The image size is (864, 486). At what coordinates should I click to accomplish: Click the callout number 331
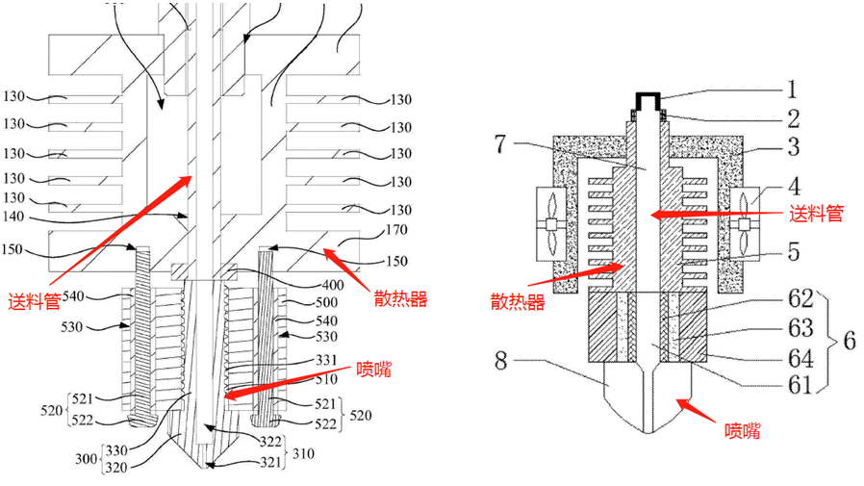tap(326, 360)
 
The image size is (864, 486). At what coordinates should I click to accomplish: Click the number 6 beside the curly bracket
tap(849, 341)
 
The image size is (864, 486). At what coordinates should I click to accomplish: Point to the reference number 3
tap(792, 149)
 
